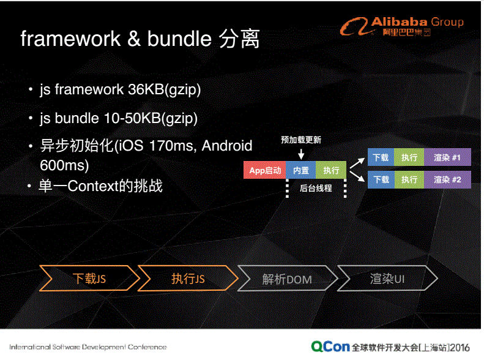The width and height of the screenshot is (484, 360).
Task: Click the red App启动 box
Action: point(264,171)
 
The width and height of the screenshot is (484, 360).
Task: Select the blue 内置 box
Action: point(301,171)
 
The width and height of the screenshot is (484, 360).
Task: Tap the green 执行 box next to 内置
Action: point(331,171)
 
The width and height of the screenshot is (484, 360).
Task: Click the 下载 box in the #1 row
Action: point(381,157)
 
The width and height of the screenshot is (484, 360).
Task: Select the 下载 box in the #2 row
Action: point(381,179)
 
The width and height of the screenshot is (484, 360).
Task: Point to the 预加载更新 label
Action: point(301,140)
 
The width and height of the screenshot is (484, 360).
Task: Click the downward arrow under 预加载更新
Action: point(301,154)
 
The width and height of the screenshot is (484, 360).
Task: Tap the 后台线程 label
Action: point(316,189)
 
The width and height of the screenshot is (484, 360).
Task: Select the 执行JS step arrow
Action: point(188,279)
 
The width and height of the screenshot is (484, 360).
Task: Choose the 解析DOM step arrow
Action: point(287,279)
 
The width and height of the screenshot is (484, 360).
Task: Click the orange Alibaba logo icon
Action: point(354,26)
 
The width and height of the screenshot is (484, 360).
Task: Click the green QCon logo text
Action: point(330,347)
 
